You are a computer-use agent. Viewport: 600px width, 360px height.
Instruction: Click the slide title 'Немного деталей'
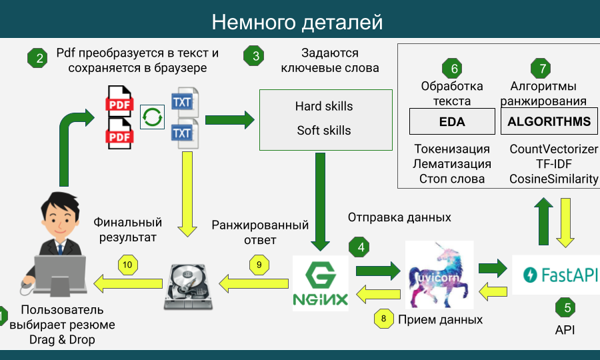point(297,22)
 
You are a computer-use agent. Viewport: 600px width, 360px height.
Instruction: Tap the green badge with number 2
point(39,58)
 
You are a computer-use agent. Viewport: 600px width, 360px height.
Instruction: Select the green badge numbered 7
point(542,69)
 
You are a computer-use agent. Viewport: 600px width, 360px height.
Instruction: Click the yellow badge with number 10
point(127,265)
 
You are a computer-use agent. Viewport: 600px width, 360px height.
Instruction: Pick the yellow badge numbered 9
point(260,264)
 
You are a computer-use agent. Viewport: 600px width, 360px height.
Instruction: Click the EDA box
point(451,122)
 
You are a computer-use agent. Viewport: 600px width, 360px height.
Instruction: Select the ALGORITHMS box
point(549,122)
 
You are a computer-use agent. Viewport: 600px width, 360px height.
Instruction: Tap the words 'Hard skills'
point(324,107)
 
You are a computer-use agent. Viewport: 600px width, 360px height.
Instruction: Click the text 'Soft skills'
point(324,131)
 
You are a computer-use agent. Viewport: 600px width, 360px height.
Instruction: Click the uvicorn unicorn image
point(439,275)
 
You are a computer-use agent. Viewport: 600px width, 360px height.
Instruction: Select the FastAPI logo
point(556,275)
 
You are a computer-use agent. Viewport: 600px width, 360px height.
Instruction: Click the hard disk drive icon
point(189,285)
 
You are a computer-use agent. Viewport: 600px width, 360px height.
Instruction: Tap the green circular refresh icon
point(153,117)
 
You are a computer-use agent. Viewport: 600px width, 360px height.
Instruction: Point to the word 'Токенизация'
point(452,149)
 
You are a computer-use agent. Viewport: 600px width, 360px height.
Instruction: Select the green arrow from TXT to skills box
point(229,120)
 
